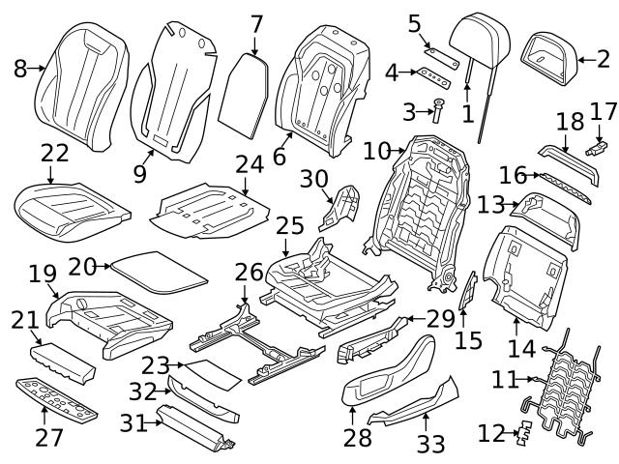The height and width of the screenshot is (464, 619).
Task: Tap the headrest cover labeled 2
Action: click(x=550, y=59)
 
